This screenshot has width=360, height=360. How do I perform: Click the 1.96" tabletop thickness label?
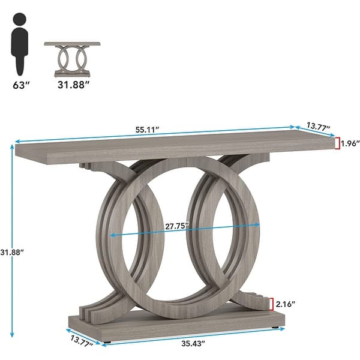[349, 143]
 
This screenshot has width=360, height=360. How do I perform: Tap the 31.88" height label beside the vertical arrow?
[14, 253]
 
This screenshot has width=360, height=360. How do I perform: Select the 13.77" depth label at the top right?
[319, 125]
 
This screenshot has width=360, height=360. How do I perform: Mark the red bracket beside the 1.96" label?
[337, 143]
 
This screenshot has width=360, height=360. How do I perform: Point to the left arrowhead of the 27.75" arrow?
[110, 235]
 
